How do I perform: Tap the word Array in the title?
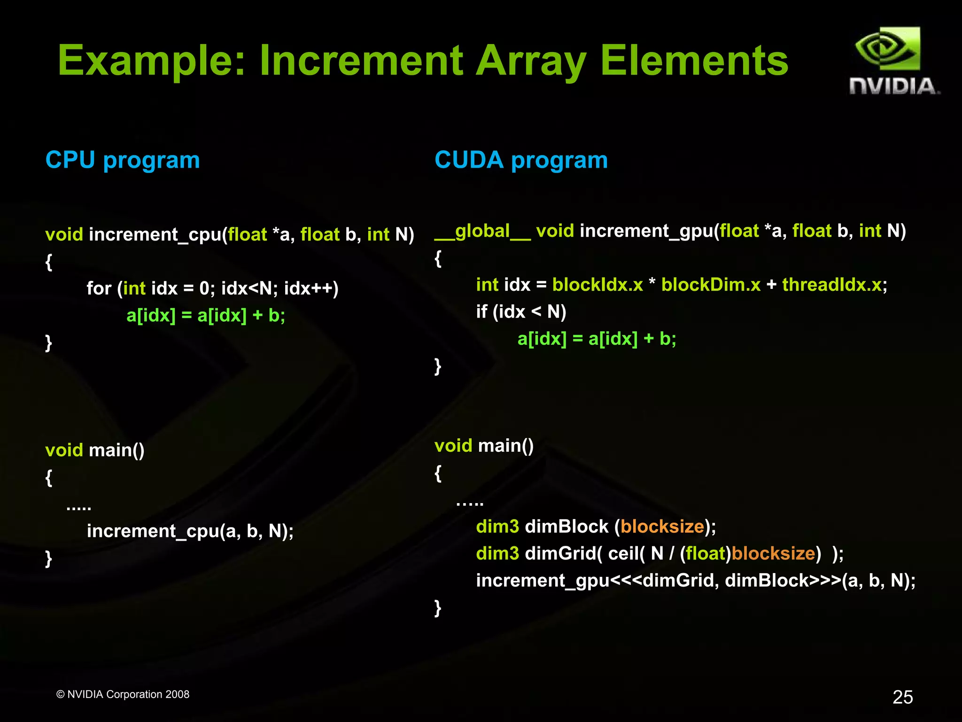click(x=531, y=61)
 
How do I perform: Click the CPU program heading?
click(x=123, y=160)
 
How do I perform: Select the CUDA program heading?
click(x=521, y=160)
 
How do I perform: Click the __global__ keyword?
click(x=482, y=231)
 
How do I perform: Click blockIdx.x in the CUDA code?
click(x=597, y=285)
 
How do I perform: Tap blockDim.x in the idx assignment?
click(x=710, y=285)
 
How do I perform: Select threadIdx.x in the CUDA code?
click(x=831, y=285)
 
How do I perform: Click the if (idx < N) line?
click(x=521, y=311)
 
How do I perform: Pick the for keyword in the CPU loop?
click(x=99, y=288)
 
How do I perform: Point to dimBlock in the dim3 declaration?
click(x=566, y=527)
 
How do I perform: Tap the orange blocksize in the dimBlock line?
click(x=662, y=527)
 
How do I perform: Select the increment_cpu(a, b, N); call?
click(x=190, y=531)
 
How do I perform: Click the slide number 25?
click(x=902, y=697)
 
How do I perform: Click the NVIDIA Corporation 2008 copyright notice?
click(x=123, y=694)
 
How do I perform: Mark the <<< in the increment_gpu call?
click(x=626, y=581)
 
